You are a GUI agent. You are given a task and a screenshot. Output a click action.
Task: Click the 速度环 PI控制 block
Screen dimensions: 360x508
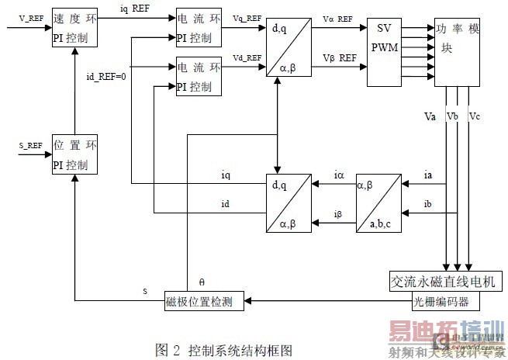[74, 27]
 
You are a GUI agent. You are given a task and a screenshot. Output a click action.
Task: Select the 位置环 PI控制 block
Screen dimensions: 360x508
[74, 154]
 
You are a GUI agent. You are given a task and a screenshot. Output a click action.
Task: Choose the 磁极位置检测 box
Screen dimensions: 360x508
[204, 300]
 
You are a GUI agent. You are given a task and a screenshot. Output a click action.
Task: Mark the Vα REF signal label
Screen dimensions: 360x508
[337, 19]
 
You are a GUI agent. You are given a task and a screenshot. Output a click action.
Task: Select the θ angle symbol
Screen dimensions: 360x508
[203, 281]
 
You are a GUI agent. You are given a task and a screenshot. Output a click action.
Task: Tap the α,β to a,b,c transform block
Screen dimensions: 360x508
[379, 203]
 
